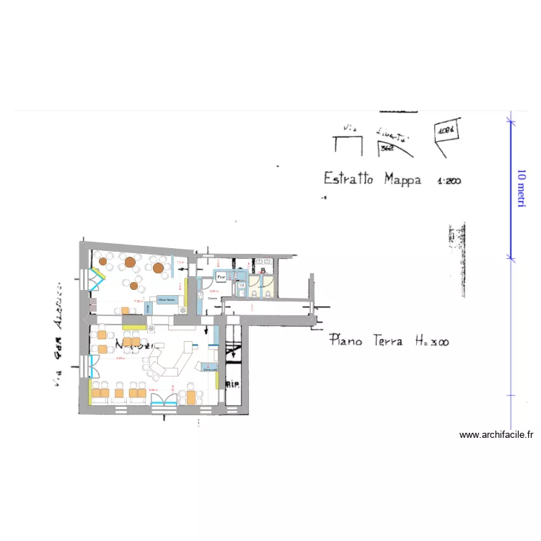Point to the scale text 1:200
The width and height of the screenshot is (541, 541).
click(449, 181)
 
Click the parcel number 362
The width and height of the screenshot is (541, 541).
click(387, 149)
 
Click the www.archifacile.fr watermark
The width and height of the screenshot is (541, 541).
click(496, 435)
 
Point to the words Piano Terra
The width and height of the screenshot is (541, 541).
click(366, 340)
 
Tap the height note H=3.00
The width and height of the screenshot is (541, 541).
click(431, 340)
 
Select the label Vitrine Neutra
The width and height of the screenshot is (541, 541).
click(167, 299)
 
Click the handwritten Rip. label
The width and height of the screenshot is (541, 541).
click(233, 384)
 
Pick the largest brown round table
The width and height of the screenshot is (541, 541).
click(131, 262)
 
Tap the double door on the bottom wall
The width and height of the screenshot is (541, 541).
click(164, 400)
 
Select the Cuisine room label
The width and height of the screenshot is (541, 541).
click(212, 298)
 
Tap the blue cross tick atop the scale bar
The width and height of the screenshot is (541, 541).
click(511, 120)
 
